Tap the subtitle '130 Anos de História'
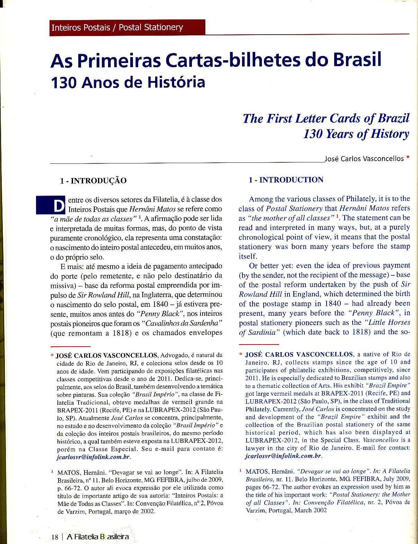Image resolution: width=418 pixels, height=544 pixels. (x=128, y=83)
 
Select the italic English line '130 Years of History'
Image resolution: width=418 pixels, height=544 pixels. (x=356, y=134)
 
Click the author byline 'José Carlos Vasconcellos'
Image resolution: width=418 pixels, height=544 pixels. (x=364, y=159)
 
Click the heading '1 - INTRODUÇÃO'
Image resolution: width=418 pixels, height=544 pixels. (x=93, y=180)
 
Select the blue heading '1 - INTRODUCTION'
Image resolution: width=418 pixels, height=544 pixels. (x=286, y=180)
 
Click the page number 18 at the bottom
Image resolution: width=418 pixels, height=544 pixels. (x=55, y=537)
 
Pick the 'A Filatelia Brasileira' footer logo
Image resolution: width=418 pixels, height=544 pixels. (x=98, y=537)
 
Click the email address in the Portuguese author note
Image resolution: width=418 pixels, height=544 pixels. (x=93, y=457)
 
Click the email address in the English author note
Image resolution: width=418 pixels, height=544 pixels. (x=283, y=456)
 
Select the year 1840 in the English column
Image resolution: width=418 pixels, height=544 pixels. (x=333, y=303)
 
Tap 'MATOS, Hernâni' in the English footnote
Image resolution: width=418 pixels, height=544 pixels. (x=270, y=471)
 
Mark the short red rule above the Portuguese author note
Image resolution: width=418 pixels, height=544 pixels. (x=70, y=346)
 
